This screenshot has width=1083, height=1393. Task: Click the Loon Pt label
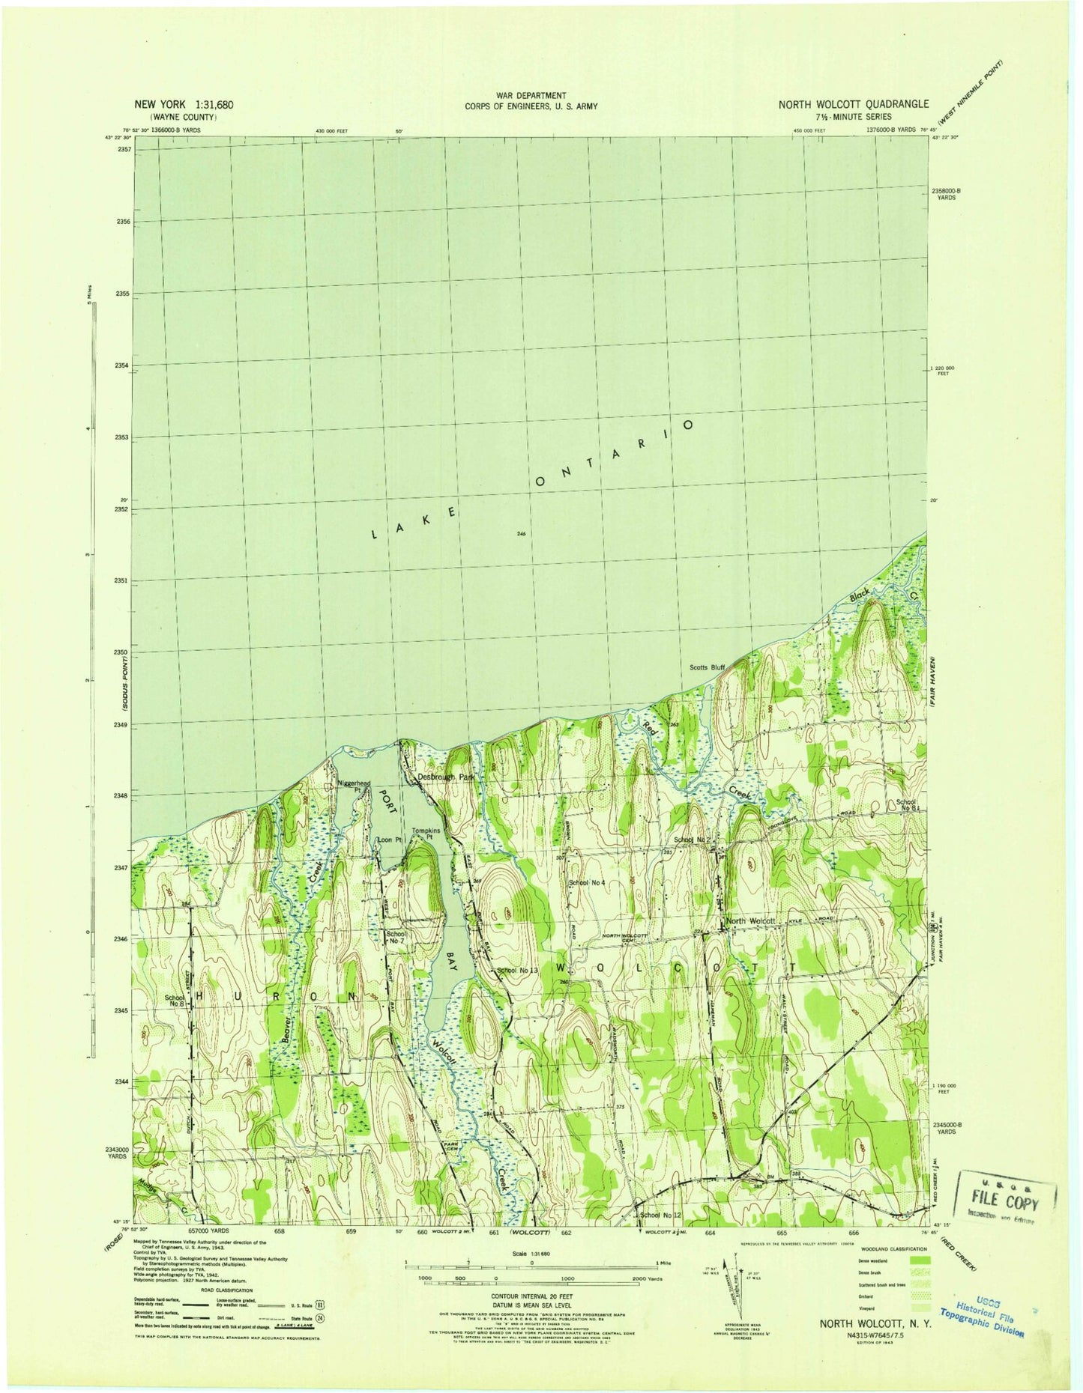pos(389,840)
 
